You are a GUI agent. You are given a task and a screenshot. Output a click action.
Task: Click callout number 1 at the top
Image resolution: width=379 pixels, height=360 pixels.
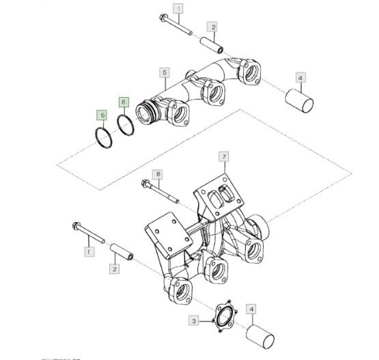pos(178,9)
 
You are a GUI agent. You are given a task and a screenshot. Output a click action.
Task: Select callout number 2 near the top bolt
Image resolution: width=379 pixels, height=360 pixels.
pos(213,27)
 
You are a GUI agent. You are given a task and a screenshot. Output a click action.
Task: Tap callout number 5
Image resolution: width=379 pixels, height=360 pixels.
pos(164,72)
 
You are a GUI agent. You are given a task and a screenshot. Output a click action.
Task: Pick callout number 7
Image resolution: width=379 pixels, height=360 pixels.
pos(223,157)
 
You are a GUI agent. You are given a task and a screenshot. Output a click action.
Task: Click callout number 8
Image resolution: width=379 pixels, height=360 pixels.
pos(158,174)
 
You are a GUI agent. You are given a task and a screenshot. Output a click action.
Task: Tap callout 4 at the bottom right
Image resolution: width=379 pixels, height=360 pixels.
pos(252,309)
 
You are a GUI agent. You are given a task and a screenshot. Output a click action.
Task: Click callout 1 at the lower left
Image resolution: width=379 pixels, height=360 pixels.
pos(87,252)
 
